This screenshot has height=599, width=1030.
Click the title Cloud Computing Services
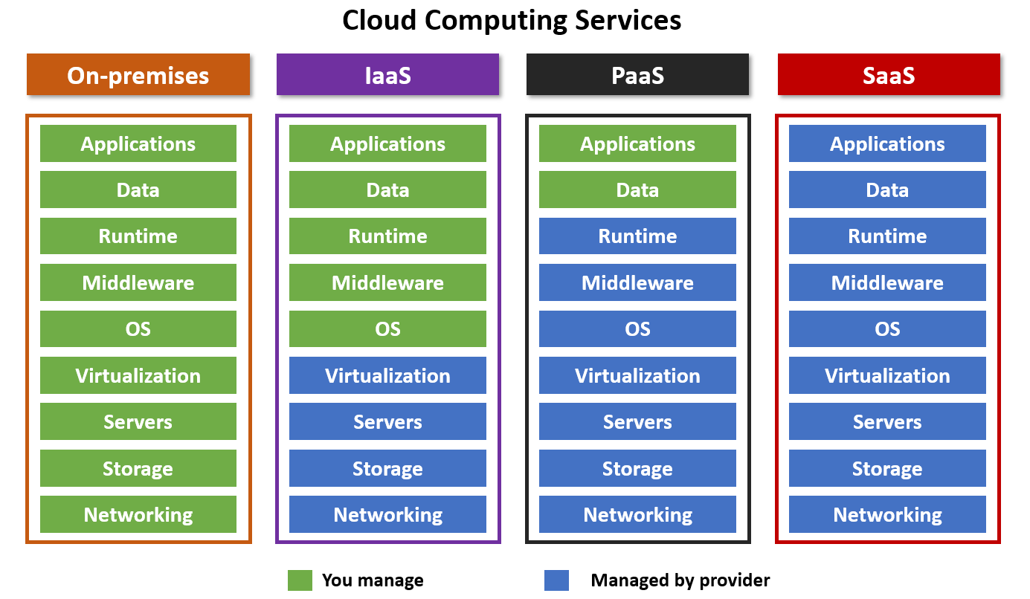[x=512, y=20]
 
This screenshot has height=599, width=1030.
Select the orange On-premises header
[x=138, y=75]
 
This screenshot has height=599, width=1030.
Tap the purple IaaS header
[x=387, y=75]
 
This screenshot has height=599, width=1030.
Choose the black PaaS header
[x=637, y=75]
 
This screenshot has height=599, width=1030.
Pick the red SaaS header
[x=889, y=75]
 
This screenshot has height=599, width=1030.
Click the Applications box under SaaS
[x=887, y=143]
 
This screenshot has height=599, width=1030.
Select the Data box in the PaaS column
[x=637, y=190]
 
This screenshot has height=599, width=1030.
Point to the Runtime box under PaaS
[x=637, y=236]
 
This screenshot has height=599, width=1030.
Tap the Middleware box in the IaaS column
[x=387, y=282]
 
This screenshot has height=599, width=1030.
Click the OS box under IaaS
[x=387, y=328]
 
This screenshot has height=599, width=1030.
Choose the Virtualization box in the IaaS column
[x=387, y=375]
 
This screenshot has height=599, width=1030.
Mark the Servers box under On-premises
[x=138, y=421]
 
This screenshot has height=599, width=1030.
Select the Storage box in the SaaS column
[x=887, y=468]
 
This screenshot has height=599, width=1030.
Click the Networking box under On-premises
[x=138, y=514]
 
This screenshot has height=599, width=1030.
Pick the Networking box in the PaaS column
[x=637, y=514]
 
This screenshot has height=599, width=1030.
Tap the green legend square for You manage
[x=300, y=580]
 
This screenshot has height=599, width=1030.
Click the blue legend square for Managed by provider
[x=556, y=580]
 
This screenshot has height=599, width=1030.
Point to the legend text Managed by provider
[x=680, y=580]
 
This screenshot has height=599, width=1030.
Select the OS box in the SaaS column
[x=887, y=328]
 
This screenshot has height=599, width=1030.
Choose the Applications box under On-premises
[x=138, y=143]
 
